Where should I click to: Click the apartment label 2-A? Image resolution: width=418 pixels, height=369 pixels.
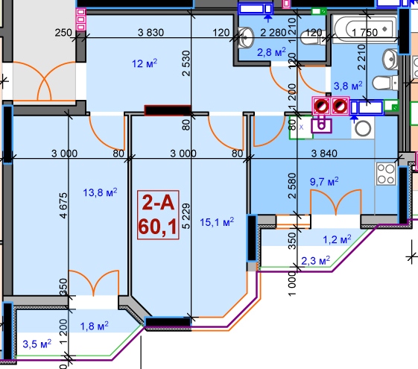(159, 203)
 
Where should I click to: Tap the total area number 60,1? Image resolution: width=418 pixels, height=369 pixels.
(158, 227)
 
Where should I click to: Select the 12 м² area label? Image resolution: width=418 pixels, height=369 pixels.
(145, 63)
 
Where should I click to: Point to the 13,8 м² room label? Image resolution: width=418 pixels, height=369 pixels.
(100, 192)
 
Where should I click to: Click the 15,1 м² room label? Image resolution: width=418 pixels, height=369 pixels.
(217, 221)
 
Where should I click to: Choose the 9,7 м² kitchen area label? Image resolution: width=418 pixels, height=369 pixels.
(324, 181)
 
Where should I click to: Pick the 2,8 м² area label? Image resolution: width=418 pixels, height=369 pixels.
(271, 52)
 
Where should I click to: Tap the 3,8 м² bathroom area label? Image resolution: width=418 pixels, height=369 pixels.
(348, 86)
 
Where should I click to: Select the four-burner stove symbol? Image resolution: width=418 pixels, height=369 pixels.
(385, 174)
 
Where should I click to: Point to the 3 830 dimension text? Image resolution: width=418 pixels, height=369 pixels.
(151, 33)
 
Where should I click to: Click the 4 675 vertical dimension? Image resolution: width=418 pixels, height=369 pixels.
(63, 206)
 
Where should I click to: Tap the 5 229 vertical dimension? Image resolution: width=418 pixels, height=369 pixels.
(186, 216)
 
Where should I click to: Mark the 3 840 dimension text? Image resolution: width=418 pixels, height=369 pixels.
(324, 154)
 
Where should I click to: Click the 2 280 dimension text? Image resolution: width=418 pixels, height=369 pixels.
(273, 33)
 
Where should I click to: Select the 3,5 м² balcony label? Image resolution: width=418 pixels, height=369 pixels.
(37, 344)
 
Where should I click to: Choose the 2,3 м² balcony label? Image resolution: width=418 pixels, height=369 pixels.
(315, 260)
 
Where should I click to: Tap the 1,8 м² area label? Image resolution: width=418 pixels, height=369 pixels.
(95, 326)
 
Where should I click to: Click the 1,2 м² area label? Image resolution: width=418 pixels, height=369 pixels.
(337, 239)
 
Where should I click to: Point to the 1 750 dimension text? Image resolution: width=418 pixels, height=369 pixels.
(364, 33)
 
